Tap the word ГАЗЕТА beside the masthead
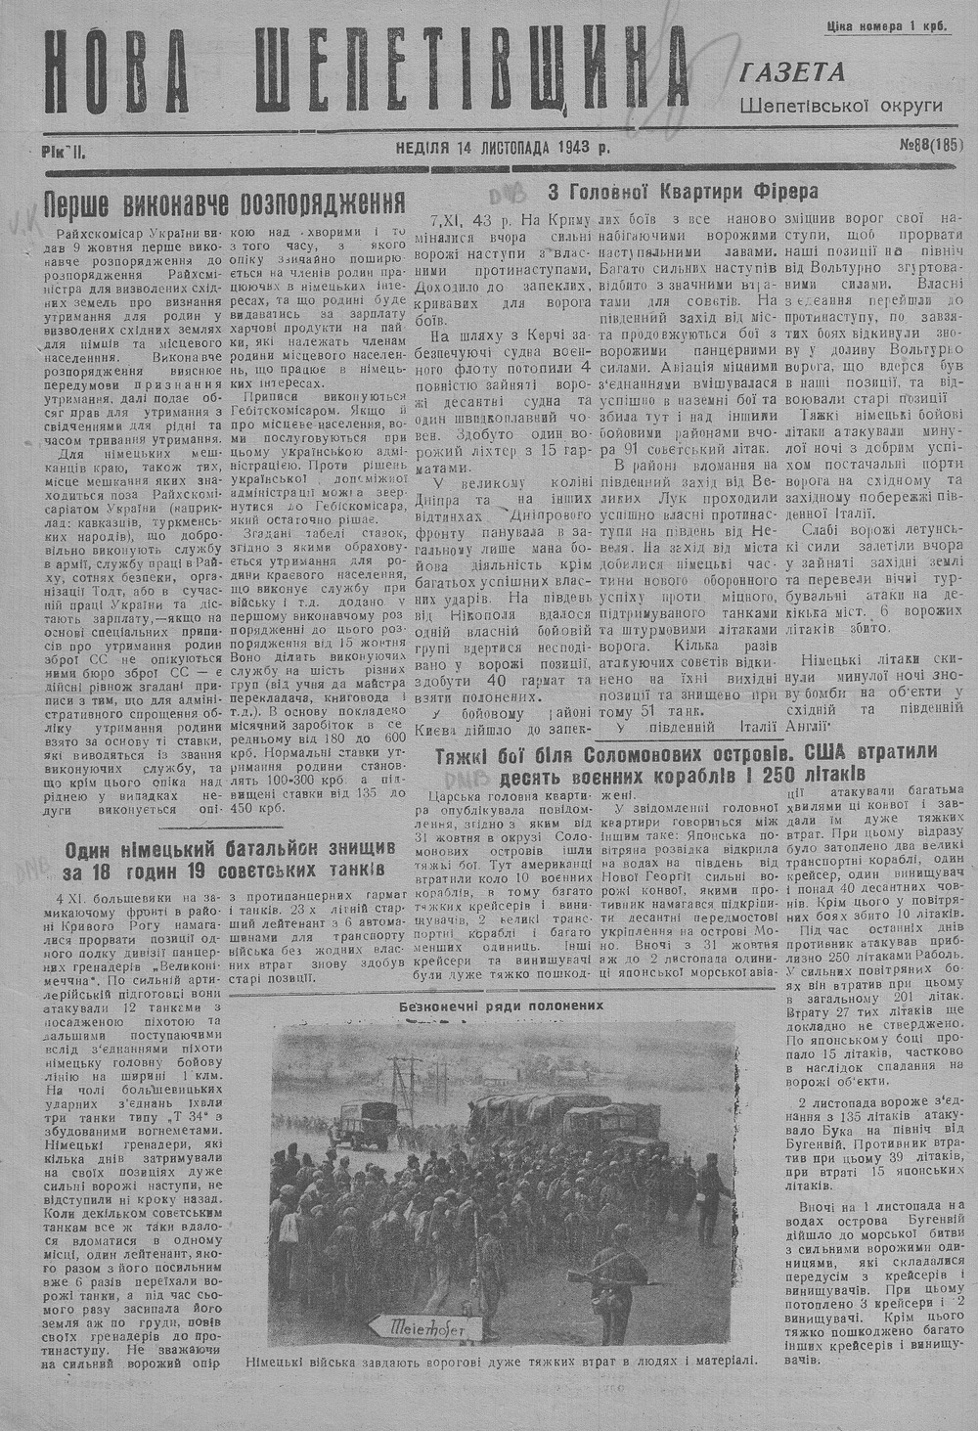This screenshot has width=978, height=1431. point(793,72)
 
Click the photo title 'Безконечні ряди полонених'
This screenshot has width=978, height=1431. point(502,1005)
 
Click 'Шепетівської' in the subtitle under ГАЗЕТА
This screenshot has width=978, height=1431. point(794,105)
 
